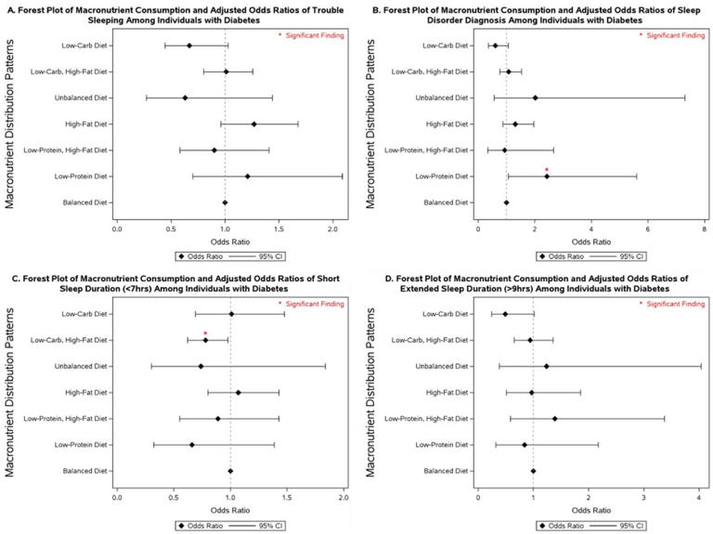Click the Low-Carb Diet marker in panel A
(189, 46)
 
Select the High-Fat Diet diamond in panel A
(253, 124)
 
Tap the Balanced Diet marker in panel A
(225, 202)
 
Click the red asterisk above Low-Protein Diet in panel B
(547, 169)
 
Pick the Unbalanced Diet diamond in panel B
(535, 98)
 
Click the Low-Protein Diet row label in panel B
(438, 176)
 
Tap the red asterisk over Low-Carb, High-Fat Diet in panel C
(205, 333)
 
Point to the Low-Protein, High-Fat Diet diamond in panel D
(555, 419)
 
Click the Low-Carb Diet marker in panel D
(505, 314)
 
